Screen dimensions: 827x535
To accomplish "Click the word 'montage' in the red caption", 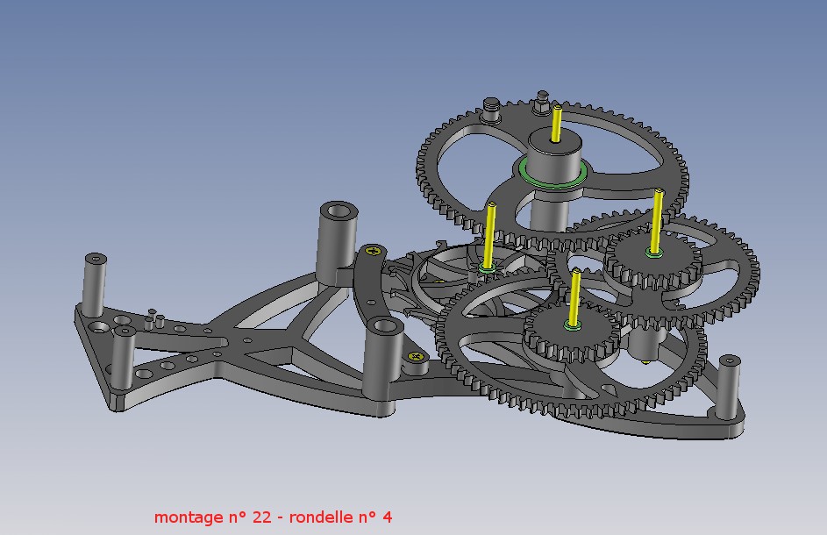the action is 189,517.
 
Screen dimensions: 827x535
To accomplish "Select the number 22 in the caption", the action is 261,517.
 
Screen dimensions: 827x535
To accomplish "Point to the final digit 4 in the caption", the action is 387,517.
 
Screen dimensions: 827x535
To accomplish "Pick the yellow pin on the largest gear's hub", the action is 556,124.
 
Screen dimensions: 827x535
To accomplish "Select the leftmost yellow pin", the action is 489,236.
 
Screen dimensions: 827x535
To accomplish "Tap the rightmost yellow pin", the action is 657,222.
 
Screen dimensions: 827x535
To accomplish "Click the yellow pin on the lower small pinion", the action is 574,297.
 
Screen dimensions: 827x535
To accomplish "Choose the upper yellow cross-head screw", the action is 374,251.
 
